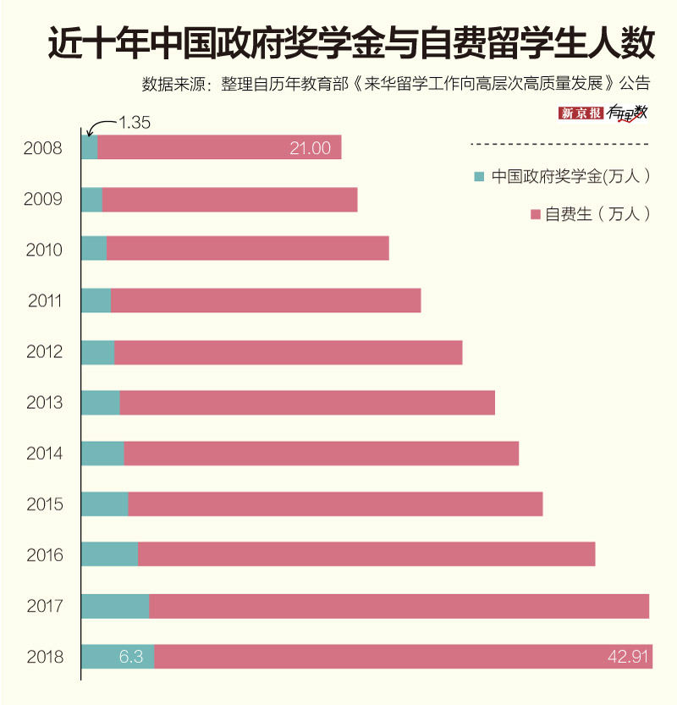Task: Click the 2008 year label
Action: click(x=43, y=148)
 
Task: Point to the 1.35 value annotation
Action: click(x=133, y=122)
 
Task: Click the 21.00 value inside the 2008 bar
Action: click(x=310, y=148)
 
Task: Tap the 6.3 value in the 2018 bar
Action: click(x=130, y=657)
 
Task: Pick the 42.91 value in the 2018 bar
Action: click(x=627, y=657)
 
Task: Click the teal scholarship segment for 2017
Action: click(x=115, y=606)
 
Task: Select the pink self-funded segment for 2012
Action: click(x=288, y=352)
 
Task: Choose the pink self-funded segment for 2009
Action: click(x=229, y=200)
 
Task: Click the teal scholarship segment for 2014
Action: click(x=102, y=454)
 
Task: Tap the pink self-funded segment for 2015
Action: click(x=335, y=504)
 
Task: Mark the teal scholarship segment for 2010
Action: click(x=93, y=249)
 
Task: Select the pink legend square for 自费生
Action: click(x=534, y=214)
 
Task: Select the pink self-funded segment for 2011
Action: click(x=266, y=300)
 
